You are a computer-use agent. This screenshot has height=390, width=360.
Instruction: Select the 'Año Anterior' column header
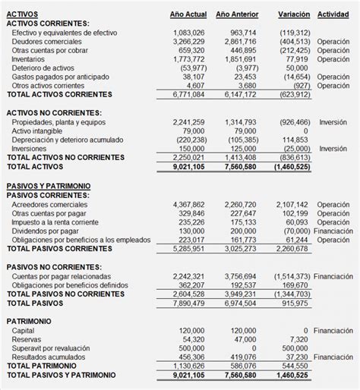[x=236, y=14]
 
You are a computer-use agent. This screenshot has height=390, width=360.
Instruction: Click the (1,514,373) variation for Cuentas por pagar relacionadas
[x=285, y=276]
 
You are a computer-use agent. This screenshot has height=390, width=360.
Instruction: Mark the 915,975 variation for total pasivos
[x=292, y=303]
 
